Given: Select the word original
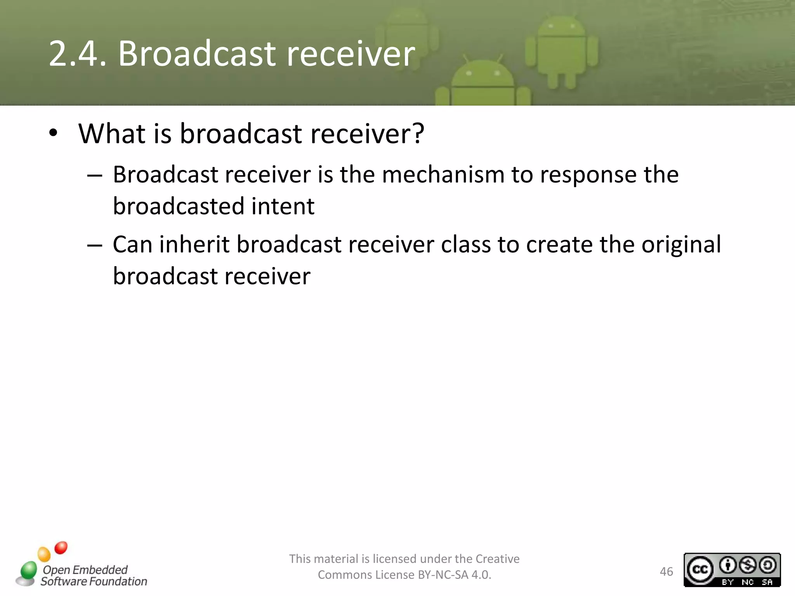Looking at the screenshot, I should click(681, 245).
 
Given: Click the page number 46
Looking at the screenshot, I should click(667, 572).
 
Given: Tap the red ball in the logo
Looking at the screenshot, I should click(61, 548).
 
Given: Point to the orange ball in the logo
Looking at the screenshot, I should click(44, 554).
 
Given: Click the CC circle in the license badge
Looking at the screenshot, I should click(700, 570).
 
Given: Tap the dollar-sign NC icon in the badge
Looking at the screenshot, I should click(748, 565).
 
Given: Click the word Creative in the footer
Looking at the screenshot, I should click(497, 559).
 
